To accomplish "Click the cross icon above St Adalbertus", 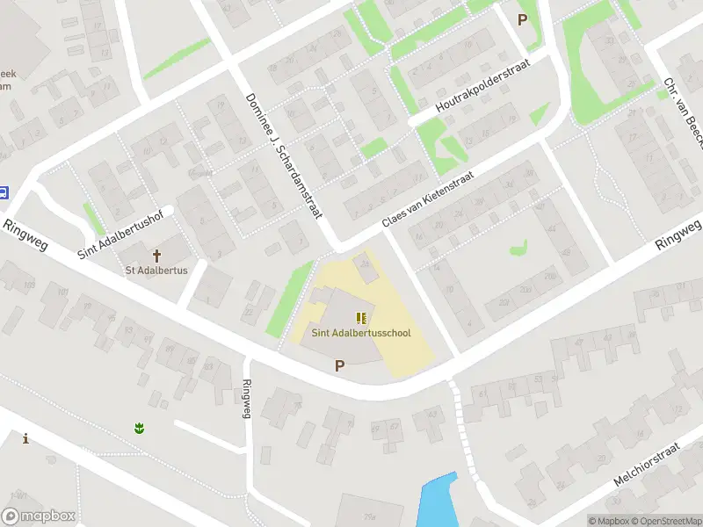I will click(157, 256).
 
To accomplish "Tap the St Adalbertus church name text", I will click(157, 271).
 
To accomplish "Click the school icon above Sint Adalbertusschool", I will click(361, 317).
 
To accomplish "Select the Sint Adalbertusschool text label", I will click(361, 333).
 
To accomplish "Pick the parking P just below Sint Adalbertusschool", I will click(339, 365).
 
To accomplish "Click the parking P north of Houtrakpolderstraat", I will click(524, 19).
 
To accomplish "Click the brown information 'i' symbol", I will click(25, 438).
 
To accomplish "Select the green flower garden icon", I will click(138, 428).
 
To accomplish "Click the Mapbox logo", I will click(39, 516).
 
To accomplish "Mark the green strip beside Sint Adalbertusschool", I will click(289, 299).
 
